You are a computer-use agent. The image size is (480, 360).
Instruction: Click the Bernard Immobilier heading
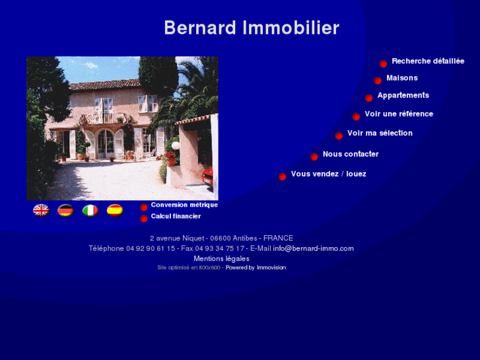[x=252, y=28]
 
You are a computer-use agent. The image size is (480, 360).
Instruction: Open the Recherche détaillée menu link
[x=428, y=61]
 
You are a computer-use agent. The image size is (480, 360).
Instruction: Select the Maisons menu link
[x=401, y=78]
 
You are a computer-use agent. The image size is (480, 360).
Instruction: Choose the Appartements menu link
[x=403, y=96]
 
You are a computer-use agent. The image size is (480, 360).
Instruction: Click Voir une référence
[x=399, y=114]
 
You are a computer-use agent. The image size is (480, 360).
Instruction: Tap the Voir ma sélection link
[x=380, y=133]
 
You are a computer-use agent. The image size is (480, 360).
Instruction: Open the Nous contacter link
[x=351, y=155]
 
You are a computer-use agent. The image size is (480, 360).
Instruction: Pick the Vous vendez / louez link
[x=328, y=174]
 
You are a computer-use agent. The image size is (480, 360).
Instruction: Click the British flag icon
[x=41, y=210]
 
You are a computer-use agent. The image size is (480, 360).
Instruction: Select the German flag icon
[x=65, y=210]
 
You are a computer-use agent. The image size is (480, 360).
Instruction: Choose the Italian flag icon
[x=90, y=210]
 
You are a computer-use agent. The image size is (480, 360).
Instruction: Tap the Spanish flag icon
[x=115, y=210]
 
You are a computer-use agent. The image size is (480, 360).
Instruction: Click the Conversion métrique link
[x=184, y=205]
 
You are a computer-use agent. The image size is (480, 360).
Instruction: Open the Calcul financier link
[x=176, y=216]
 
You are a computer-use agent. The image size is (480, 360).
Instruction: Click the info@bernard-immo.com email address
[x=313, y=248]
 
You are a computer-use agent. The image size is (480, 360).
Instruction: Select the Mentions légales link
[x=221, y=259]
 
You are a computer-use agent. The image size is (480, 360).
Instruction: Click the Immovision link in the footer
[x=271, y=268]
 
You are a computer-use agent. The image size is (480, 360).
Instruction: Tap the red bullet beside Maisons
[x=378, y=81]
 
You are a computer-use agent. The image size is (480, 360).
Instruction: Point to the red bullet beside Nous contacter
[x=314, y=157]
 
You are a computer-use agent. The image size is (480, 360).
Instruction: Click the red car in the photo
[x=208, y=176]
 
